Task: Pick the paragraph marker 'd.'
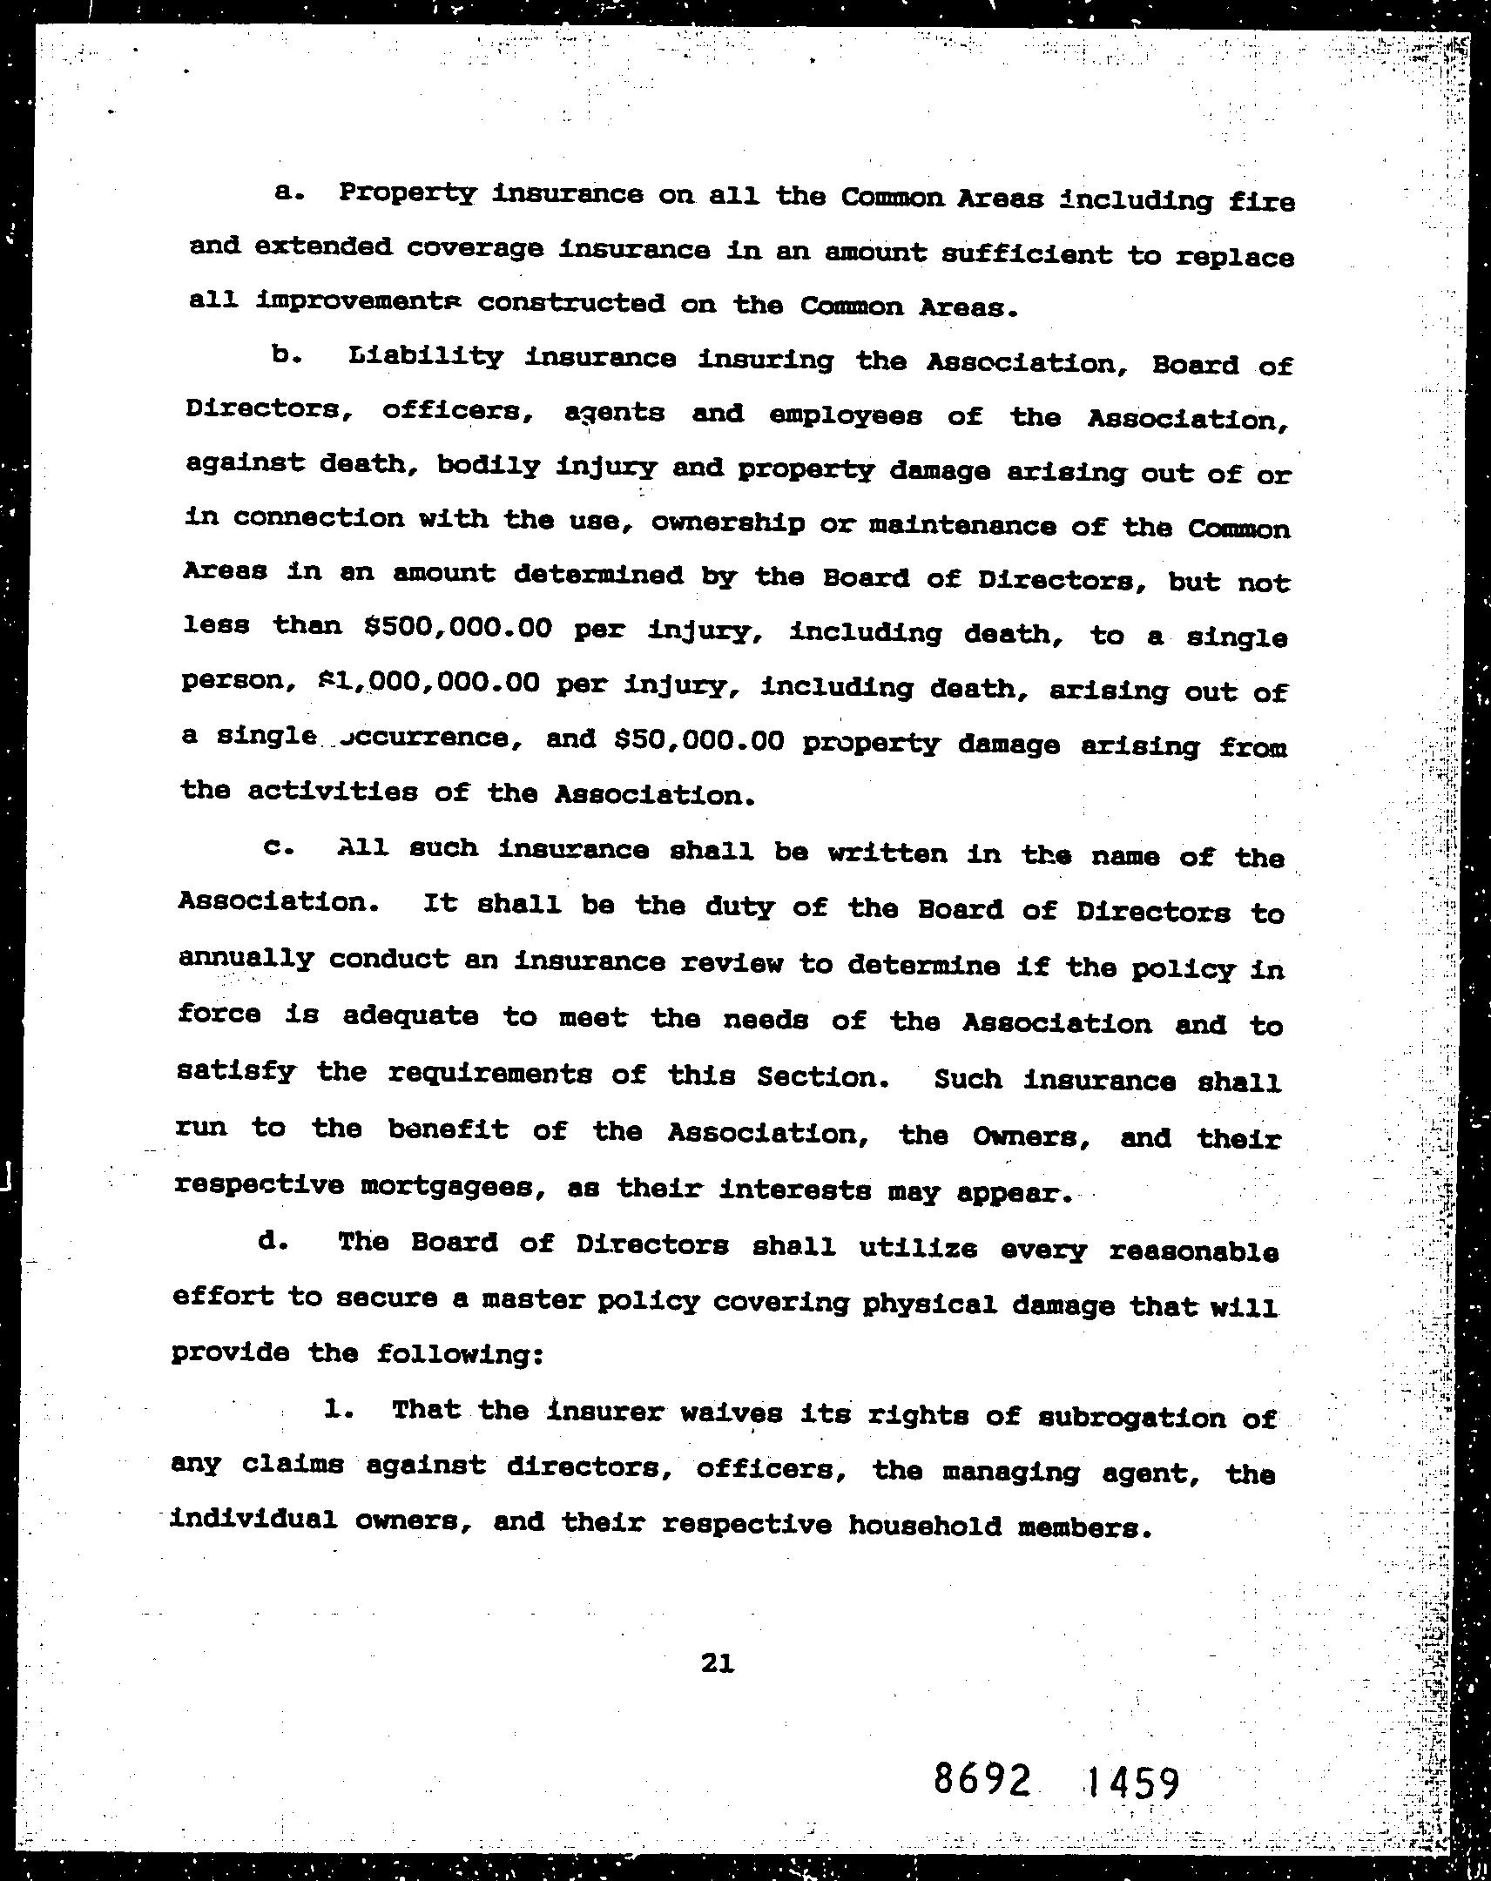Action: [273, 1241]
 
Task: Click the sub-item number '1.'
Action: [338, 1408]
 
